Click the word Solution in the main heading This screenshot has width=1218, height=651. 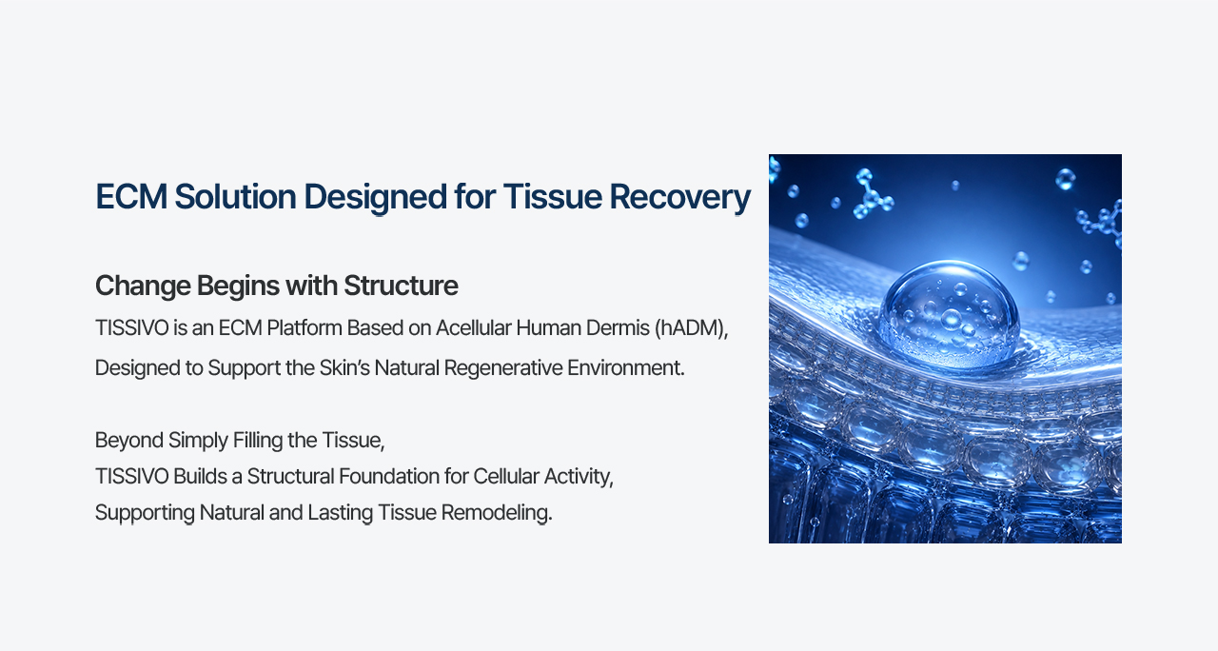pyautogui.click(x=235, y=196)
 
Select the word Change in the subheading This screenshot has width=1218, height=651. pyautogui.click(x=143, y=286)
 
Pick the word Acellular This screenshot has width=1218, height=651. pyautogui.click(x=473, y=328)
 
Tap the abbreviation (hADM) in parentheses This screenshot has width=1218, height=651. pyautogui.click(x=691, y=328)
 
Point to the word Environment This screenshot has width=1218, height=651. pyautogui.click(x=626, y=368)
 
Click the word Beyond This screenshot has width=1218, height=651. pyautogui.click(x=129, y=441)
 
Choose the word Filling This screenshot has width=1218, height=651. pyautogui.click(x=257, y=441)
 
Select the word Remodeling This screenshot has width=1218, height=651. pyautogui.click(x=497, y=513)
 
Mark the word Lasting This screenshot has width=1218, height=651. pyautogui.click(x=340, y=513)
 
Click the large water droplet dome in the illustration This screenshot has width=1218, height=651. pyautogui.click(x=949, y=313)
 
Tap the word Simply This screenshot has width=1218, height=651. pyautogui.click(x=198, y=441)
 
